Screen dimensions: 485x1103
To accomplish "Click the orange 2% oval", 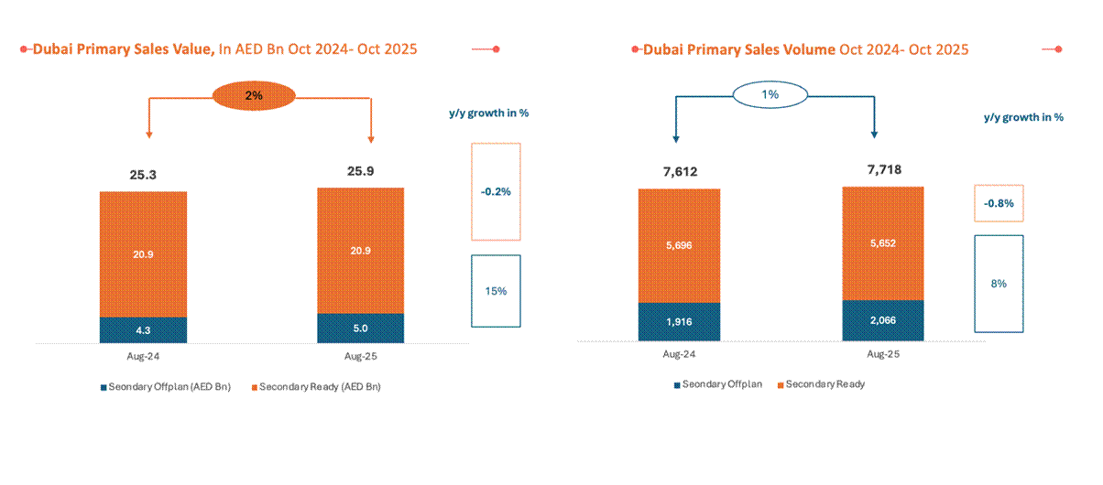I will [254, 95].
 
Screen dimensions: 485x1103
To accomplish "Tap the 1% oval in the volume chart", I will [770, 93].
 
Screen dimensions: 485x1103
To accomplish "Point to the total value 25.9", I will [360, 171].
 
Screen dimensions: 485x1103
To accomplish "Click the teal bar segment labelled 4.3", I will [143, 329].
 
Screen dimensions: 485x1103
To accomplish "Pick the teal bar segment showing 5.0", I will [360, 328].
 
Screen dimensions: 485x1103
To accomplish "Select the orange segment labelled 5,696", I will [679, 245].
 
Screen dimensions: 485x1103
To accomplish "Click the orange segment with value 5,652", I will [882, 243].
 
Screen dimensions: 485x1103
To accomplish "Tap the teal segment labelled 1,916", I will [679, 321].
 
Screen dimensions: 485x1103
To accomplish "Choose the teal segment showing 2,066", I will [882, 320].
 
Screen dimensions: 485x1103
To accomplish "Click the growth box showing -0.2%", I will [495, 192].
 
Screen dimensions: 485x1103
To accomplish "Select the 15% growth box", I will [495, 290].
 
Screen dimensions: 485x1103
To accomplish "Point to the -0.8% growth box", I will [998, 203].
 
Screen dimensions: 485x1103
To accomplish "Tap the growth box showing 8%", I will [998, 284].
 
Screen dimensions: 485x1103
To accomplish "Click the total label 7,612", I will [679, 171].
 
